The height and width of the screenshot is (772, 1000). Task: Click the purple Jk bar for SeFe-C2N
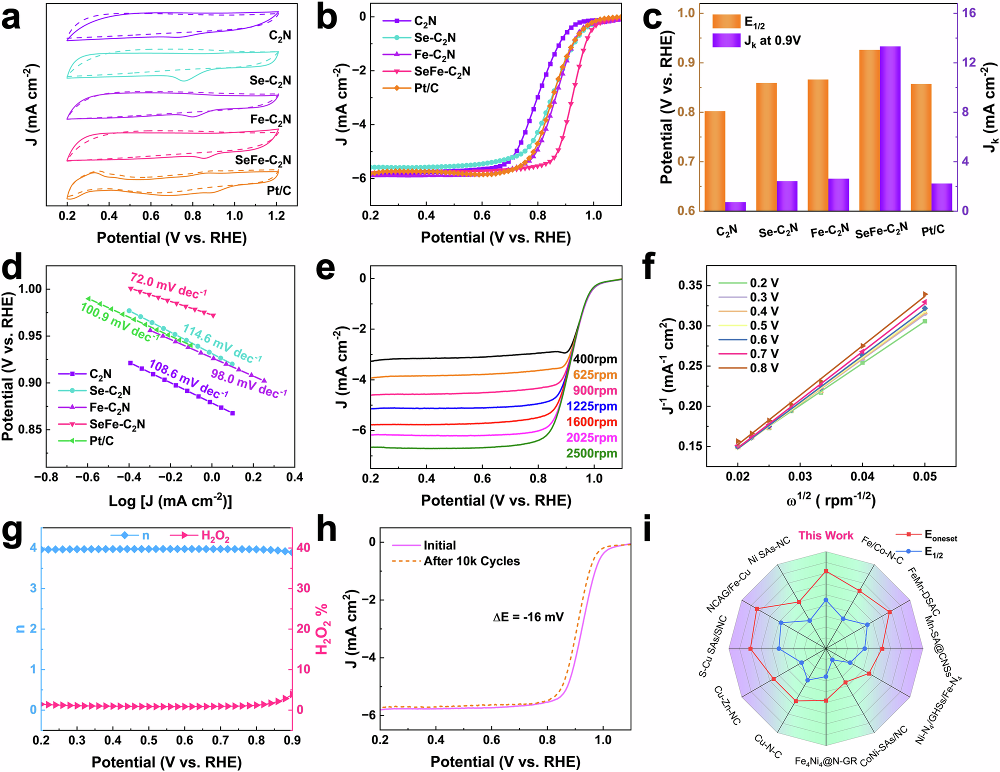890,128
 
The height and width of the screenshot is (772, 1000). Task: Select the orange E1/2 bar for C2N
714,160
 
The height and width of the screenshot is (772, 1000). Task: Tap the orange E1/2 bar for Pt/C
921,147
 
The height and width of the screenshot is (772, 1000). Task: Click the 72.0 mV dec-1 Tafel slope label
168,284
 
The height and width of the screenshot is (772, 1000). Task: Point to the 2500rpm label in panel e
591,453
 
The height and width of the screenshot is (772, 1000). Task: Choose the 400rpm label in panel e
595,359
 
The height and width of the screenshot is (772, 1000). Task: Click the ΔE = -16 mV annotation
528,617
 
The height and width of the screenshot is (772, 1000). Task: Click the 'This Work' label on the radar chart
825,535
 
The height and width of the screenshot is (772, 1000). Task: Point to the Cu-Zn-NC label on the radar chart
727,705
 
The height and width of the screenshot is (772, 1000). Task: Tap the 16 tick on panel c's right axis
969,13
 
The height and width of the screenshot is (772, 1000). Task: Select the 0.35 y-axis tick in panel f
690,285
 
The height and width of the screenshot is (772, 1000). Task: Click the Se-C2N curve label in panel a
270,80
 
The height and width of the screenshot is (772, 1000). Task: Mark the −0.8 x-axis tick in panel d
46,477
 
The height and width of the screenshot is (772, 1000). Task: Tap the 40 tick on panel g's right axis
303,547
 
